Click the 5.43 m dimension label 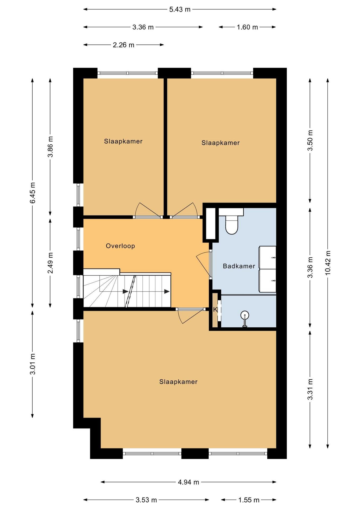pyautogui.click(x=180, y=10)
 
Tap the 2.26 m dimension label pyautogui.click(x=124, y=45)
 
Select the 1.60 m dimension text pyautogui.click(x=247, y=27)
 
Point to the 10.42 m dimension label pyautogui.click(x=328, y=262)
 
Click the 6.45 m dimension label pyautogui.click(x=33, y=193)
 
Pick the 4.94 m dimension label pyautogui.click(x=188, y=482)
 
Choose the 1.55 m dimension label pyautogui.click(x=249, y=500)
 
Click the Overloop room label pyautogui.click(x=120, y=246)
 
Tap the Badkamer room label pyautogui.click(x=239, y=266)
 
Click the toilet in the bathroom pyautogui.click(x=232, y=225)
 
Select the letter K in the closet pyautogui.click(x=215, y=309)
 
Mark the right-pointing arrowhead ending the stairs pyautogui.click(x=167, y=292)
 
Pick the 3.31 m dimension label pyautogui.click(x=310, y=389)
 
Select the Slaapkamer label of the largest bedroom pyautogui.click(x=178, y=382)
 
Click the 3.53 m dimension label pyautogui.click(x=146, y=500)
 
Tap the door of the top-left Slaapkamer pyautogui.click(x=148, y=210)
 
